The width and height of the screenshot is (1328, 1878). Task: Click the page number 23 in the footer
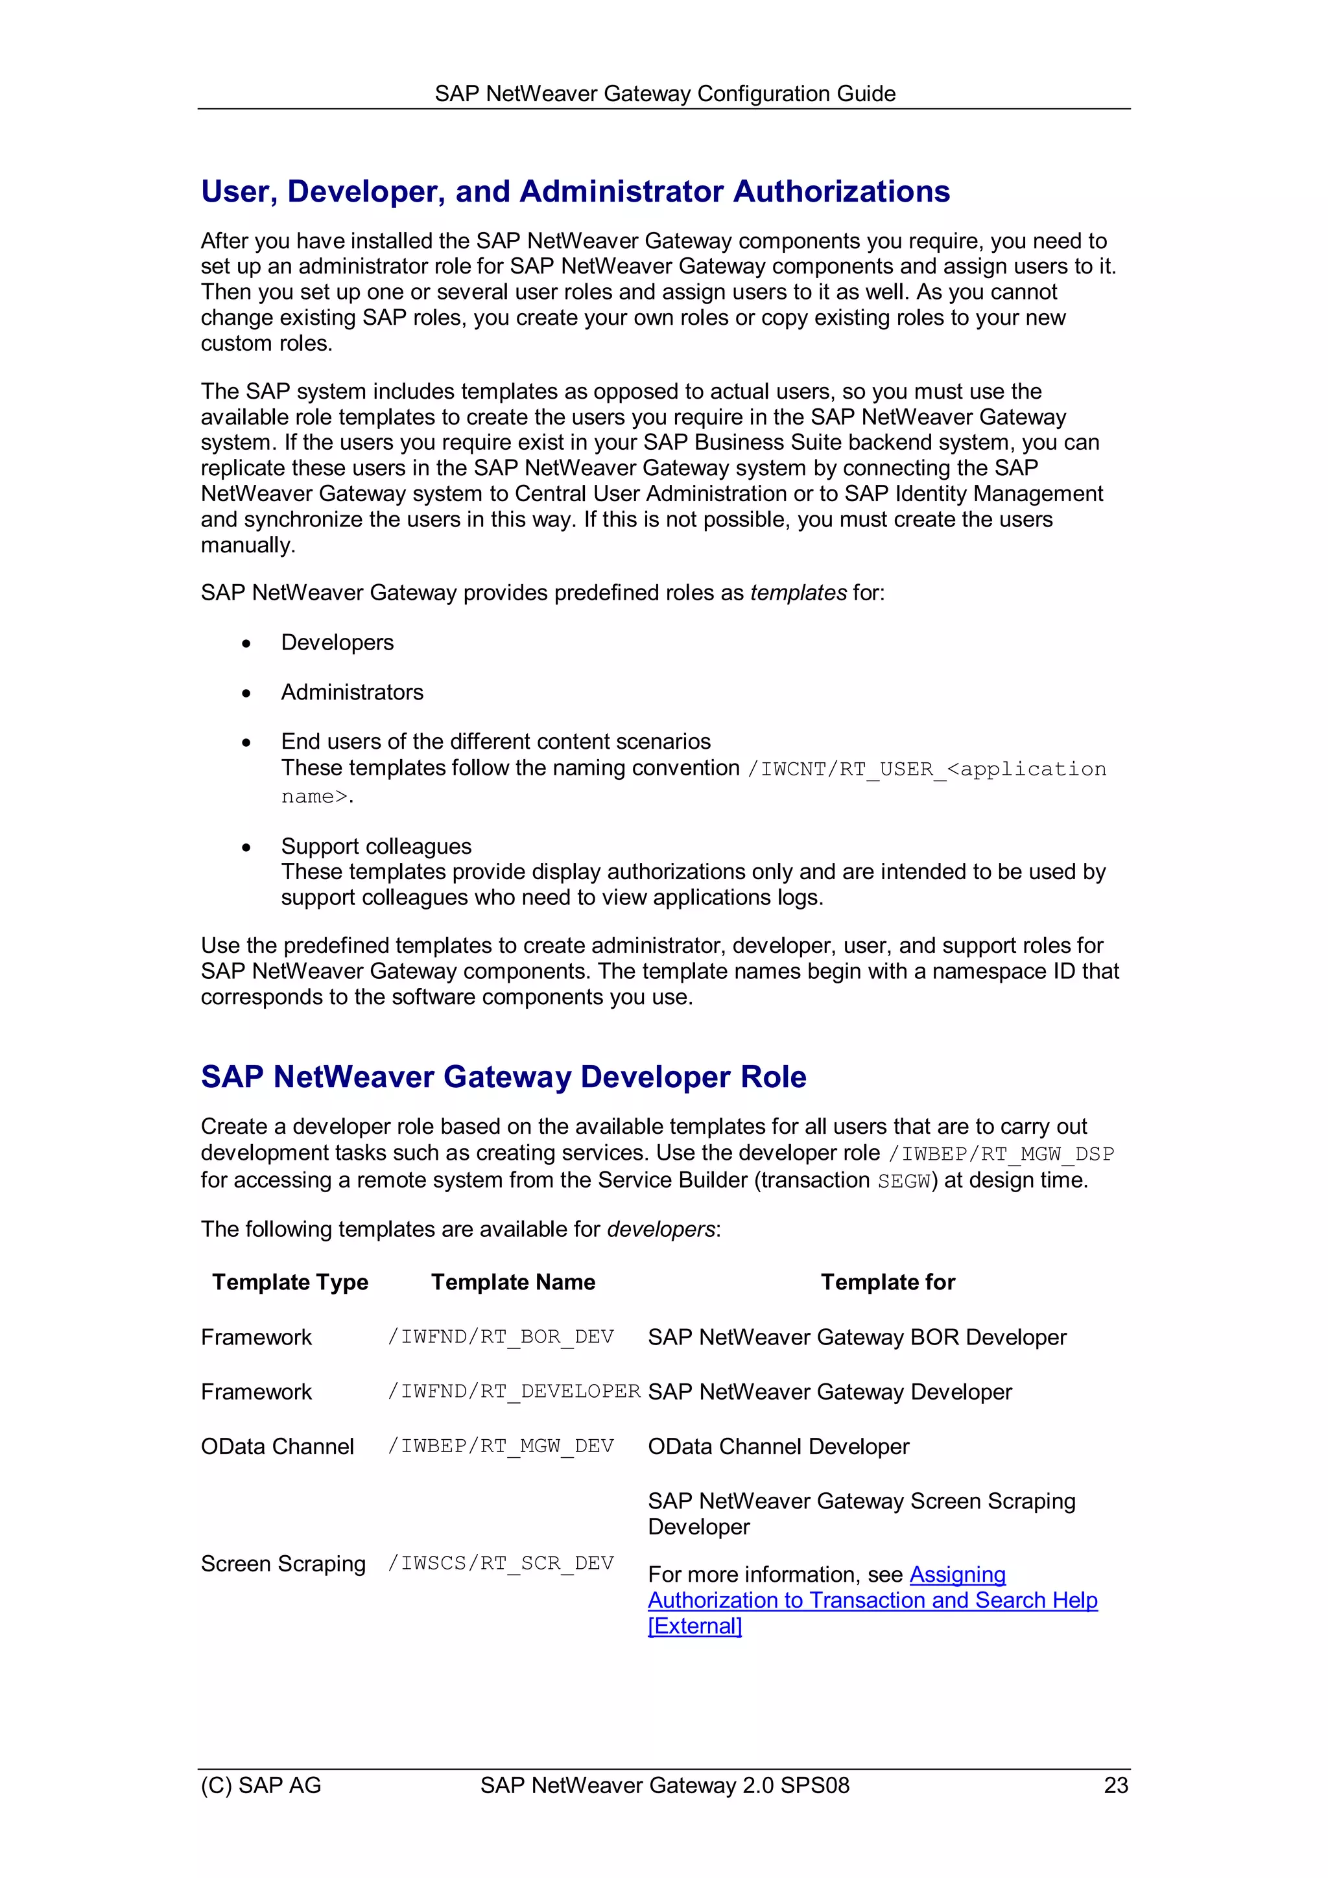(x=1115, y=1785)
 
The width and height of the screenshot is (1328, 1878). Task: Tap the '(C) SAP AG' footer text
(x=261, y=1785)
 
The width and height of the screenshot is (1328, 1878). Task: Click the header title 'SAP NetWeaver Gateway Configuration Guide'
(x=665, y=93)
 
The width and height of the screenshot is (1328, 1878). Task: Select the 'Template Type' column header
(x=290, y=1282)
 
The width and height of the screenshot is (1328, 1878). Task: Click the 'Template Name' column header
(x=513, y=1282)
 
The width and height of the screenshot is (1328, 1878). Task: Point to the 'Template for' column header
(x=888, y=1282)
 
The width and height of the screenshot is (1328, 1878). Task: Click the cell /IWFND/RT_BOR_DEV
(x=501, y=1337)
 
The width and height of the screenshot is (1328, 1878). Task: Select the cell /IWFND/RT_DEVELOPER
(x=514, y=1391)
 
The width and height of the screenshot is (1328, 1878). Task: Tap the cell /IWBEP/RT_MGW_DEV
(x=501, y=1446)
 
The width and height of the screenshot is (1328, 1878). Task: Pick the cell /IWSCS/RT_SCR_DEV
(x=501, y=1563)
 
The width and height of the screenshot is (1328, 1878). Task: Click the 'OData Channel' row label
(x=278, y=1446)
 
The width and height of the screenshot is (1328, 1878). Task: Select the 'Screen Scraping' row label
(x=283, y=1563)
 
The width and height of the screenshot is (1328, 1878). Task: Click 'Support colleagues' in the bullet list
(x=376, y=846)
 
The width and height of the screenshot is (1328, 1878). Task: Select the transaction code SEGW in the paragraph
(x=903, y=1181)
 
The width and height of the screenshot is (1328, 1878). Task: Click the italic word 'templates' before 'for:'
(x=798, y=593)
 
